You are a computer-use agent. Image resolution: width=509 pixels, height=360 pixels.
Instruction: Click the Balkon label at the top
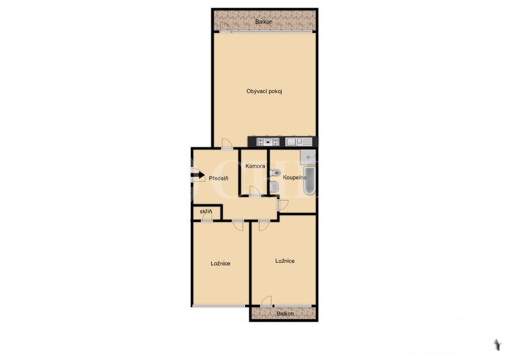click(x=264, y=22)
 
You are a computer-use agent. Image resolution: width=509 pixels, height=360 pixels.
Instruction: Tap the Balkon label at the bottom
click(x=285, y=314)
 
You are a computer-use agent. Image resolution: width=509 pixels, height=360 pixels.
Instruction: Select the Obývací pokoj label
click(x=264, y=91)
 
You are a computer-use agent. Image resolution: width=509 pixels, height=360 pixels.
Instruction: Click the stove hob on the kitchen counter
click(x=268, y=142)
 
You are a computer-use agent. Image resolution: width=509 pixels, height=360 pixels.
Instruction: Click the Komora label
click(x=255, y=166)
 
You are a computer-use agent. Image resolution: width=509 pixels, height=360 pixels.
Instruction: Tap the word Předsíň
click(x=218, y=179)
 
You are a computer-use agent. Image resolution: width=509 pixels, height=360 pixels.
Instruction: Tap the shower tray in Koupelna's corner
click(x=308, y=156)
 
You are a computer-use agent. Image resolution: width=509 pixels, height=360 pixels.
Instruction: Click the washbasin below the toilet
click(x=274, y=187)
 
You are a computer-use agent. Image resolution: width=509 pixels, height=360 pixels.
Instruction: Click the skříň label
click(x=206, y=212)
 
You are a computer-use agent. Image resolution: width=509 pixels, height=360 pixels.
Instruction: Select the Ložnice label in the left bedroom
click(x=220, y=264)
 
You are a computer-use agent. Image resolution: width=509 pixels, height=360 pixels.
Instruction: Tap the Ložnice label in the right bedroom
click(x=285, y=261)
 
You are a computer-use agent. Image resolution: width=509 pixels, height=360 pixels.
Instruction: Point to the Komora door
click(x=255, y=192)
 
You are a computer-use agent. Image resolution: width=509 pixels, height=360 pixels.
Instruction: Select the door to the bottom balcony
click(x=267, y=301)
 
